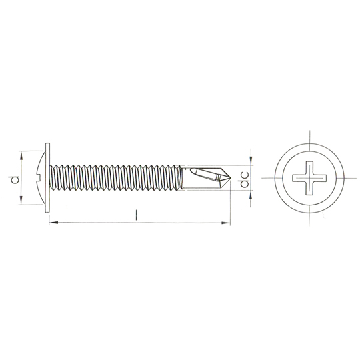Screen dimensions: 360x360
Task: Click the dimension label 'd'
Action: tap(15, 180)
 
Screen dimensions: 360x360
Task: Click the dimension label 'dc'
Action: tap(244, 179)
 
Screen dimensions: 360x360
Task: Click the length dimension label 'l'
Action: tap(137, 215)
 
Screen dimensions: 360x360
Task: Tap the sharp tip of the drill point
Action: tap(231, 177)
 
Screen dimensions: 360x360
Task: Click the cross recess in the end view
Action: tap(309, 178)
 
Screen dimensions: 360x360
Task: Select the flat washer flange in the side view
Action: tap(47, 177)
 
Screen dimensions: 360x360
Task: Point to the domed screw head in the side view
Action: tap(41, 178)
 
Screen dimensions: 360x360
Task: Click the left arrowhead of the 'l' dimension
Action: tap(53, 223)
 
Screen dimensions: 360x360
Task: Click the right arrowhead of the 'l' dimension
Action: tap(225, 223)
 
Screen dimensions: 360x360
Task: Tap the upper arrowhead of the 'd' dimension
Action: tap(21, 155)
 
